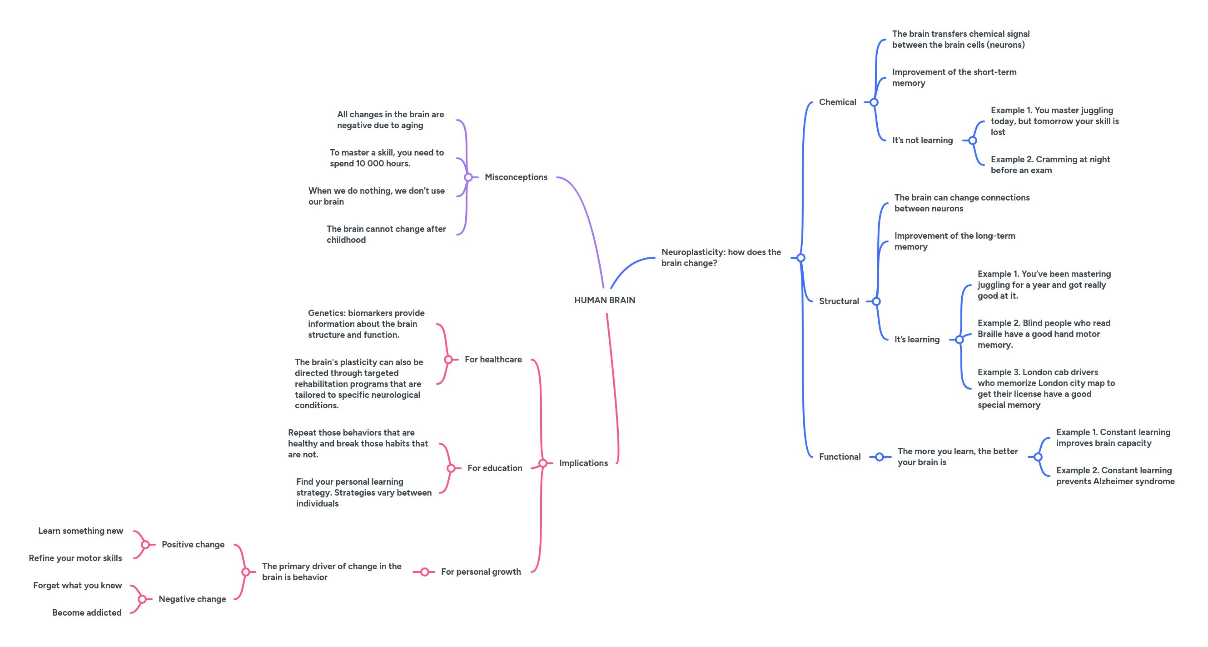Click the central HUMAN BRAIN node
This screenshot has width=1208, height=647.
point(605,300)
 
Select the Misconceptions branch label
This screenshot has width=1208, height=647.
point(516,177)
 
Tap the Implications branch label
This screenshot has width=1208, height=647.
point(583,463)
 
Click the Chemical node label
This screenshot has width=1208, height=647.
point(837,102)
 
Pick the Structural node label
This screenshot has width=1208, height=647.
point(839,301)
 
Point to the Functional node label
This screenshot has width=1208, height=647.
point(840,456)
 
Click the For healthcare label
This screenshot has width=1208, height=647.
point(493,359)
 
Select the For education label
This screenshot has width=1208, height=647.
point(494,468)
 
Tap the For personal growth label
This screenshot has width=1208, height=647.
point(481,572)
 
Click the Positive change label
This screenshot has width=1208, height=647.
point(193,544)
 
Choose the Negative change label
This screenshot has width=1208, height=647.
point(192,599)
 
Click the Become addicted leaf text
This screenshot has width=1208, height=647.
point(87,612)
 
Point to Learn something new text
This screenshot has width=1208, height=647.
point(81,531)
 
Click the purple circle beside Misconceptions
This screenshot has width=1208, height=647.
point(468,177)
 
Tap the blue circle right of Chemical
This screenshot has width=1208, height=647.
point(874,102)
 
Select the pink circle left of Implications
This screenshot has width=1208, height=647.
point(542,464)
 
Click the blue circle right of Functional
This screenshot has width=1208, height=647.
point(879,457)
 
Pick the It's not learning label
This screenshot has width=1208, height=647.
point(922,140)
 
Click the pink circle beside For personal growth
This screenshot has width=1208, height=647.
point(424,572)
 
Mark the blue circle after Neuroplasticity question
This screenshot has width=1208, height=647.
point(801,258)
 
